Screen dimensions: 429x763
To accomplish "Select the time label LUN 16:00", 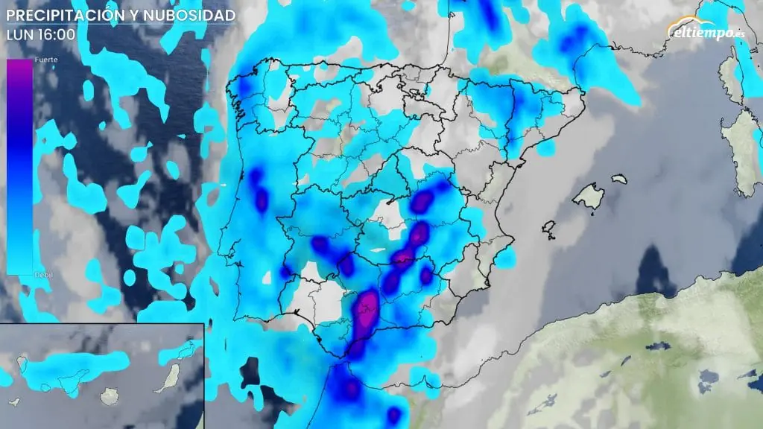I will [40, 34].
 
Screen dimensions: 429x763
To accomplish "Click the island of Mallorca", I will [588, 197].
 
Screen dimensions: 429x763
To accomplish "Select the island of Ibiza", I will [549, 229].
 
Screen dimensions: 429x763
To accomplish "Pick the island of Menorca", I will [618, 179].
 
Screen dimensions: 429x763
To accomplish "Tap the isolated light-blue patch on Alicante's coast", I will [506, 258].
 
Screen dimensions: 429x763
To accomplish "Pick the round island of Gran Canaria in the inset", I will [110, 397].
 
